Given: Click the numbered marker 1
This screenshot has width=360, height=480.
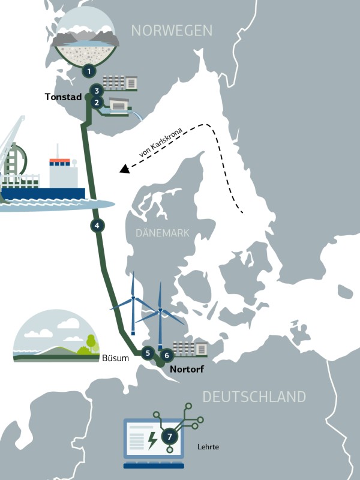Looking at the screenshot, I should [89, 71].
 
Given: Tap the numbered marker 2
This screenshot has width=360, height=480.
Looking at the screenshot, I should [95, 102].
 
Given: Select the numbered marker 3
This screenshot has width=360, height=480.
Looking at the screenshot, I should [95, 91].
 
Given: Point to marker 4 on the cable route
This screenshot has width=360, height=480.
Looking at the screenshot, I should [97, 226].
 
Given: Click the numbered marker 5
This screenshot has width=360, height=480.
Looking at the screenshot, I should [148, 353].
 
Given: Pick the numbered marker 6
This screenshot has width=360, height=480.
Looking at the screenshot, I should [167, 355].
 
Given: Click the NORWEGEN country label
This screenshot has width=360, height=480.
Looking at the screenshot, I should [172, 30].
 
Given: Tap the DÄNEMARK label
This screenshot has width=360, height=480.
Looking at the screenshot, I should [163, 233].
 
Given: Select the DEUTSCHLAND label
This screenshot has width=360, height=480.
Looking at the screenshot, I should [254, 397].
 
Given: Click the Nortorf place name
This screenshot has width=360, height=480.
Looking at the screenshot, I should [187, 369].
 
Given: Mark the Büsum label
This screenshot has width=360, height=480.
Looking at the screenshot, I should [116, 359].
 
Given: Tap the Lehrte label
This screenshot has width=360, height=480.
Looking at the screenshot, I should [208, 447].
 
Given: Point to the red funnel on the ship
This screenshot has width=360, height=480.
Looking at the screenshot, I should [59, 161].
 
